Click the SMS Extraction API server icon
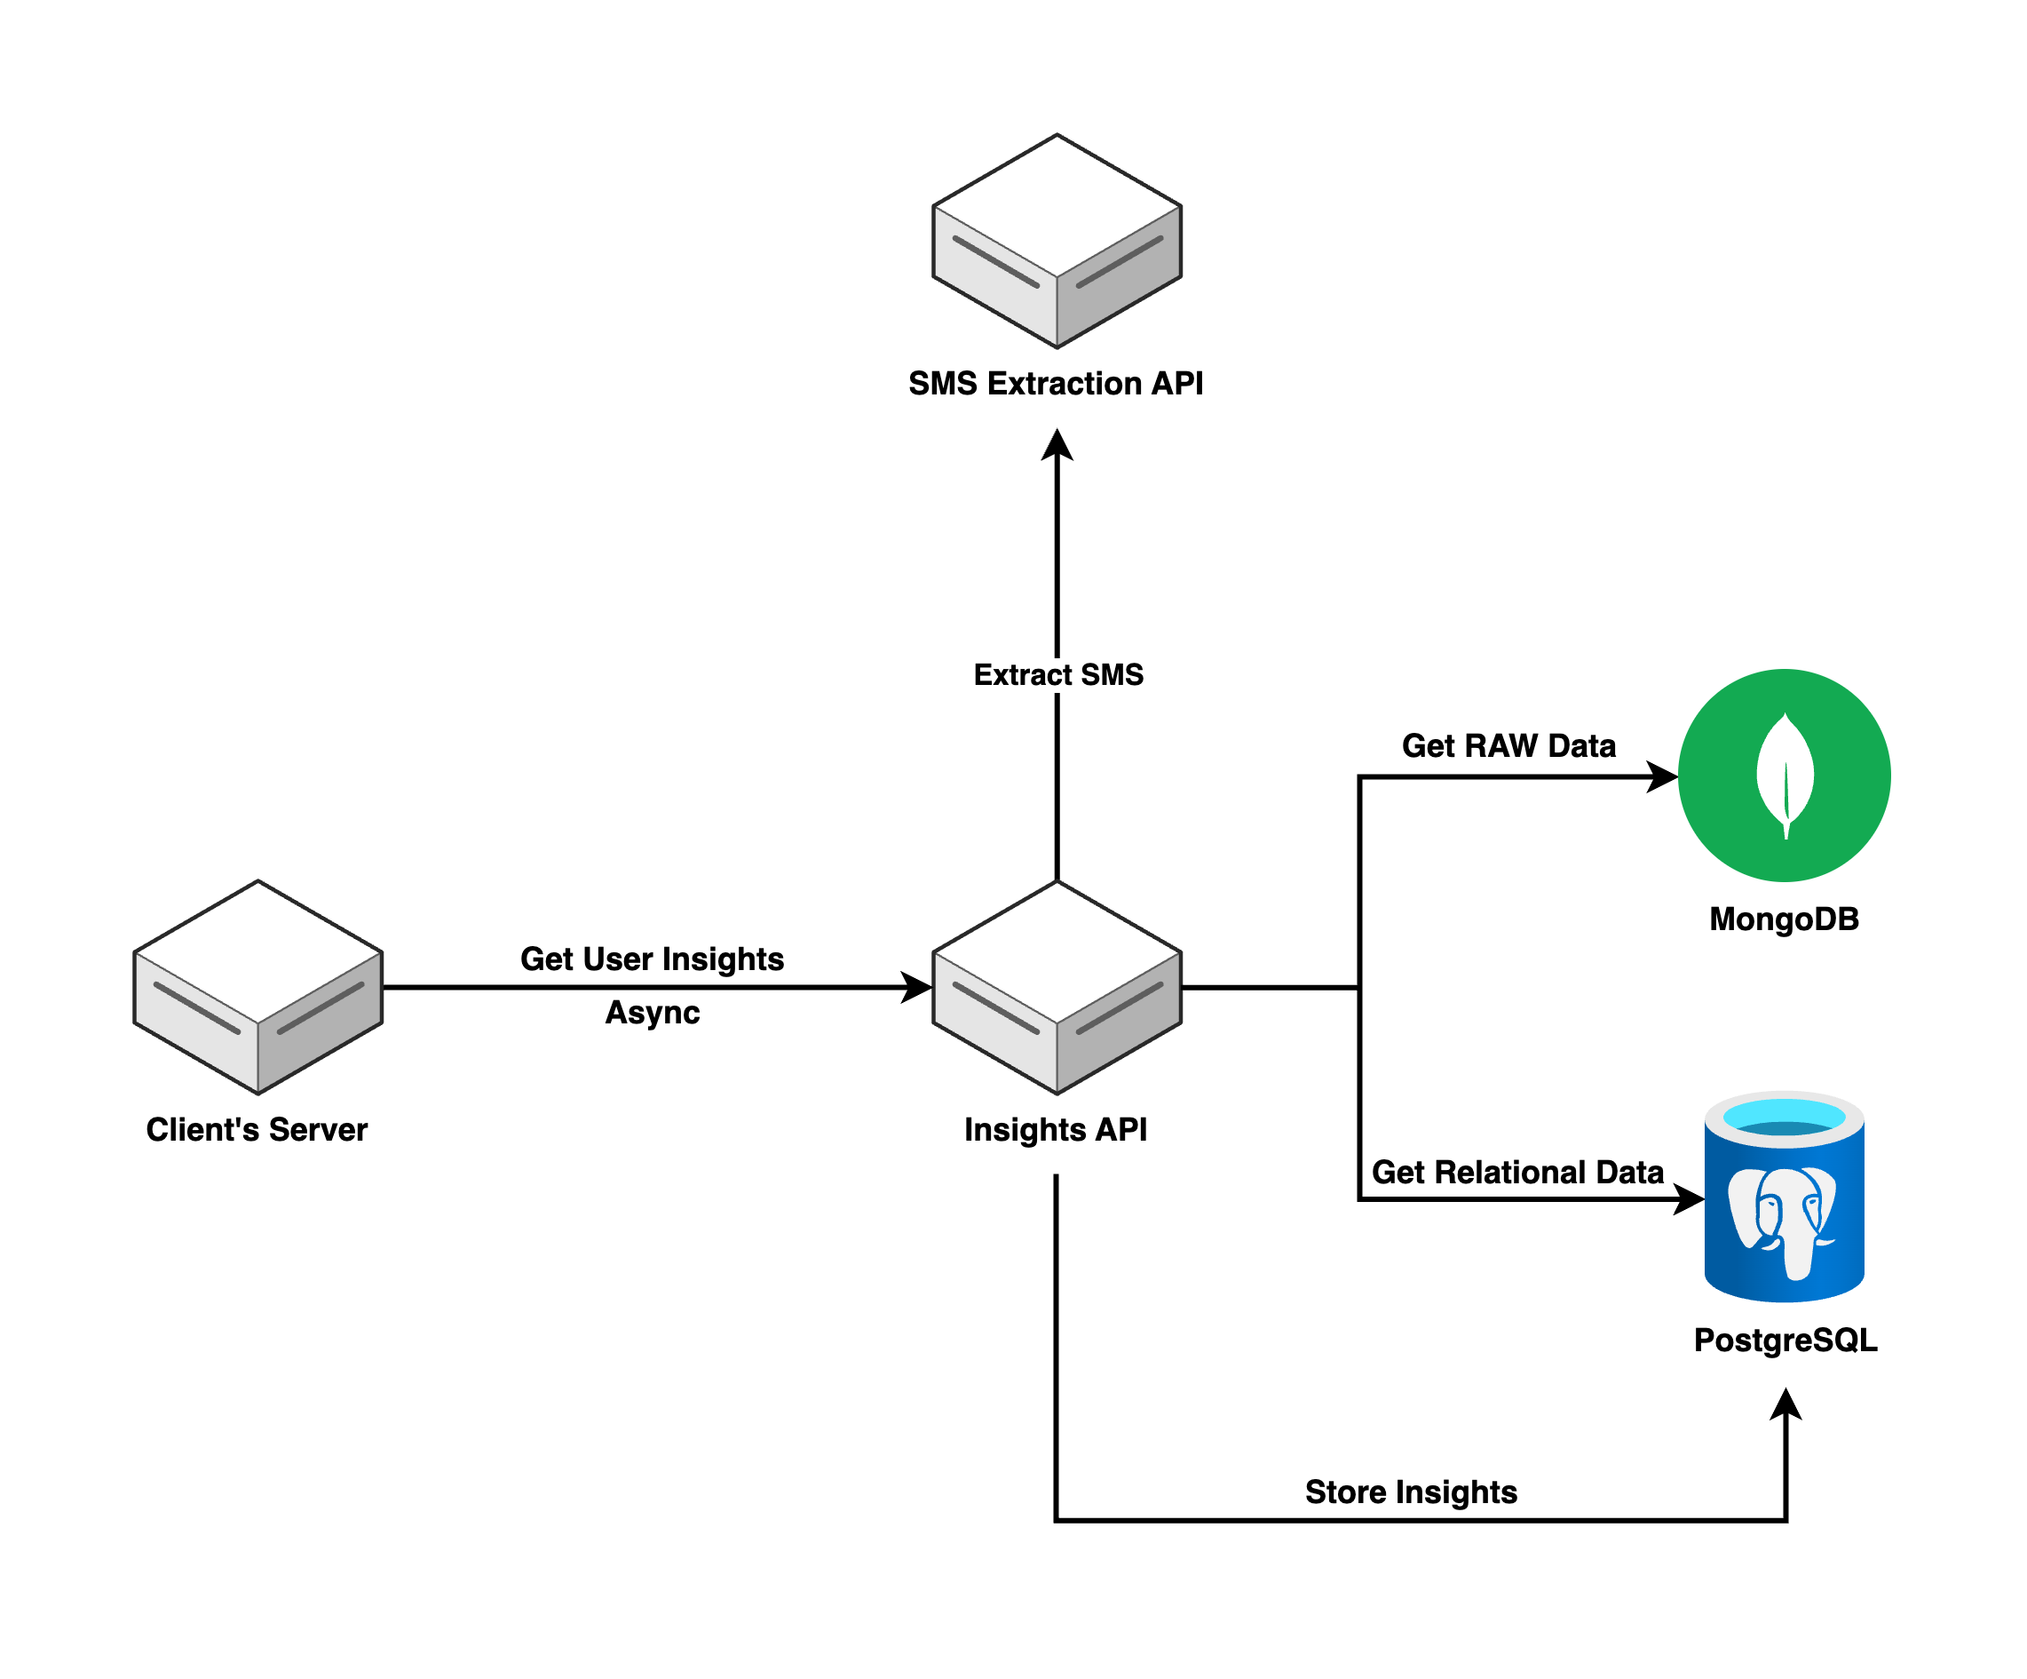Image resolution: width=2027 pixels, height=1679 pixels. [1057, 242]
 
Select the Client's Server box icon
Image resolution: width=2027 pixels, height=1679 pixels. [257, 987]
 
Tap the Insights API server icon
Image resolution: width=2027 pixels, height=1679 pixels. [1057, 987]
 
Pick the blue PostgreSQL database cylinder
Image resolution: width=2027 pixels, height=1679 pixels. [1784, 1198]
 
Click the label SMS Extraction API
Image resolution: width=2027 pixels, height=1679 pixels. [1056, 383]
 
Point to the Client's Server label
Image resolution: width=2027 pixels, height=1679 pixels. [257, 1130]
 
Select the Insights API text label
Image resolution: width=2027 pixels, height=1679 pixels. [1056, 1130]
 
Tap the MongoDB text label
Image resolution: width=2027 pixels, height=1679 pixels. [1784, 919]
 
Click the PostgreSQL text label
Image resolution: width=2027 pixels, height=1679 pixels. [1786, 1341]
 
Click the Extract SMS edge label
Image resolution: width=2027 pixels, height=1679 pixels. [1058, 675]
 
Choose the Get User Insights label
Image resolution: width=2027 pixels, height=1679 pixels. [652, 959]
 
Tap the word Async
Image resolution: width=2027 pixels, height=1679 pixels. [653, 1013]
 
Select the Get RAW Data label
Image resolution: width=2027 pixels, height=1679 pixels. [1508, 745]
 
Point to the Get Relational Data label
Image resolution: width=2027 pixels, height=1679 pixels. [1517, 1172]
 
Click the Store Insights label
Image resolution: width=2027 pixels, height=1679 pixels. [1411, 1492]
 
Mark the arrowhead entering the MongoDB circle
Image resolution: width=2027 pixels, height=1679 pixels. [1662, 776]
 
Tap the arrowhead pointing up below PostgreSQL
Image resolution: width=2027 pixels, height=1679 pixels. [1786, 1404]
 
